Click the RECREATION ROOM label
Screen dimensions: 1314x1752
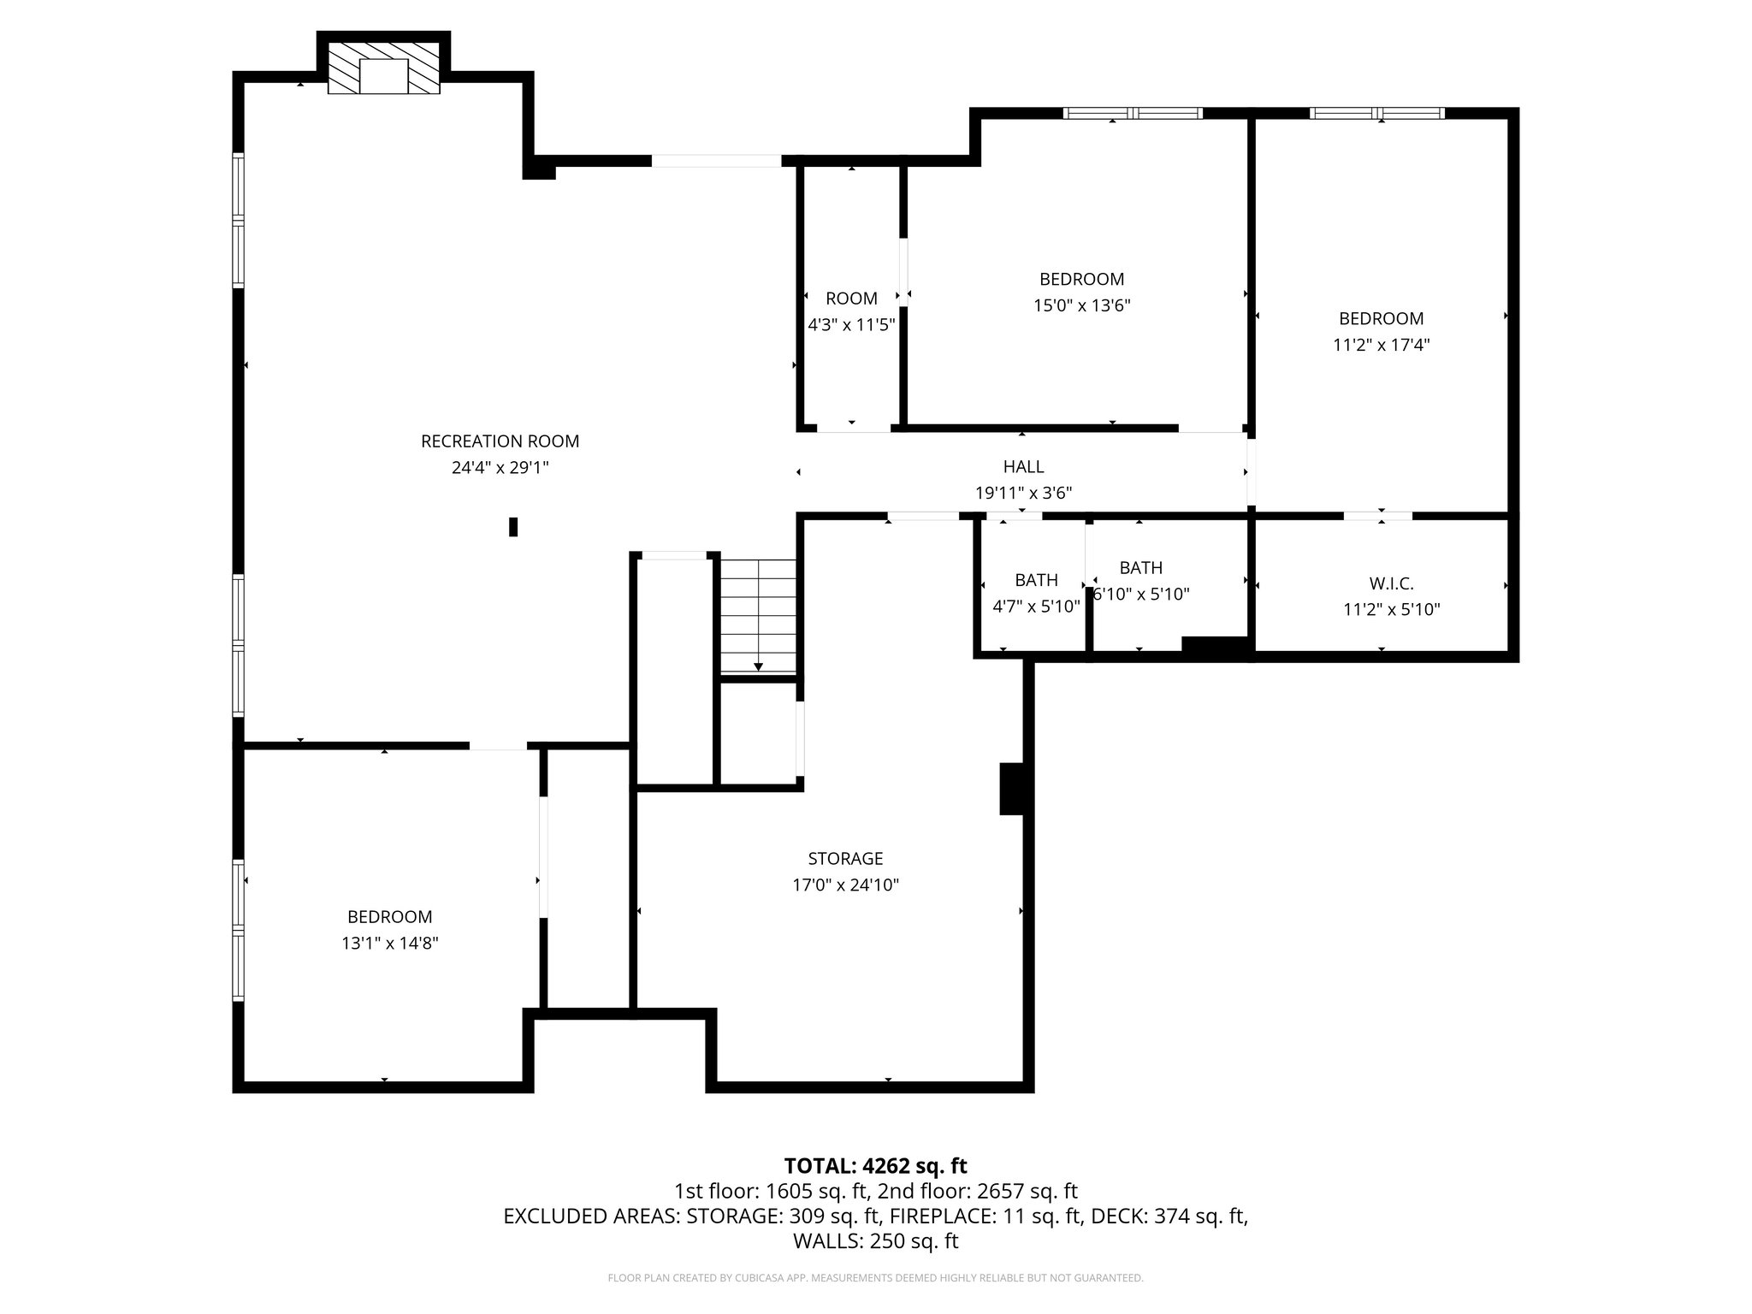pyautogui.click(x=500, y=441)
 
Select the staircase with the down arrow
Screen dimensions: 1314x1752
pyautogui.click(x=758, y=616)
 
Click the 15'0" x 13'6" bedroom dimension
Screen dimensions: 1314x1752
pyautogui.click(x=1081, y=305)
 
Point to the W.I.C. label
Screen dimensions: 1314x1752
pyautogui.click(x=1391, y=583)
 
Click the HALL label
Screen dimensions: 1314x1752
pyautogui.click(x=1023, y=466)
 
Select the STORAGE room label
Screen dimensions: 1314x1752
pyautogui.click(x=845, y=858)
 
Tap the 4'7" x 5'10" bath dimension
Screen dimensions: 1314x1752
pyautogui.click(x=1036, y=606)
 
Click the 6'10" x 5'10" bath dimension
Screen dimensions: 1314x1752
pyautogui.click(x=1142, y=594)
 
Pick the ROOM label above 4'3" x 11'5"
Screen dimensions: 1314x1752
pyautogui.click(x=851, y=299)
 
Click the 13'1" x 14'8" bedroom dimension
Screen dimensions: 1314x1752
pyautogui.click(x=390, y=943)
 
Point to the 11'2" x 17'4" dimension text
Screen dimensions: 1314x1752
pyautogui.click(x=1381, y=345)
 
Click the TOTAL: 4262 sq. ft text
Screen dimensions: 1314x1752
pyautogui.click(x=875, y=1166)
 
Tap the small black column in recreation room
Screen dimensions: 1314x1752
pyautogui.click(x=513, y=527)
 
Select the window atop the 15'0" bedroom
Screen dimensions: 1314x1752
pyautogui.click(x=1133, y=113)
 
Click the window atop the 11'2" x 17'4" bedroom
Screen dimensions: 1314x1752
pyautogui.click(x=1377, y=113)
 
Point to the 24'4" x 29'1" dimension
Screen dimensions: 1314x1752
pyautogui.click(x=500, y=468)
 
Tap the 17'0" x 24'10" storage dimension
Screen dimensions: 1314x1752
pyautogui.click(x=845, y=885)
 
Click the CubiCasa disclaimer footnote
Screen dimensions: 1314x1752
pyautogui.click(x=875, y=1278)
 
